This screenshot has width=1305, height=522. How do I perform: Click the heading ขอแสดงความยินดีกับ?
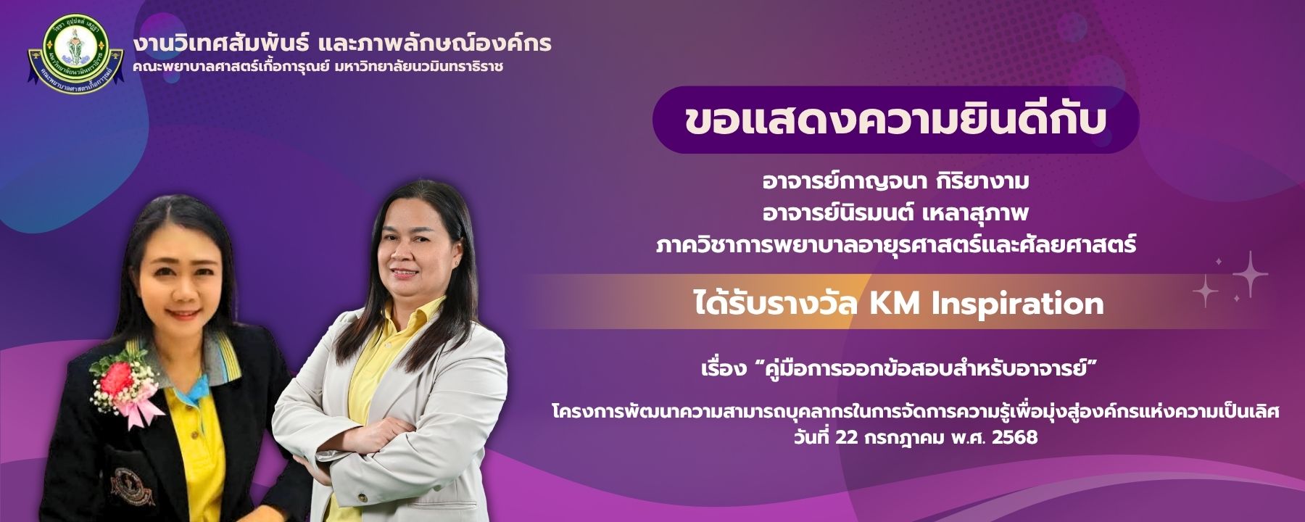895,120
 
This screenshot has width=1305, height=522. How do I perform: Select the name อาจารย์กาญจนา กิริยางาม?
895,181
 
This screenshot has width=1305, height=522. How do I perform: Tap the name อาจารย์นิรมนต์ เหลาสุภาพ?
895,214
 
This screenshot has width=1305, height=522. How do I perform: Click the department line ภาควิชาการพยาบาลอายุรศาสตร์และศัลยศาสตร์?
895,246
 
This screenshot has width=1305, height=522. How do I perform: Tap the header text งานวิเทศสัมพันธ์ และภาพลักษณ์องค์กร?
342,43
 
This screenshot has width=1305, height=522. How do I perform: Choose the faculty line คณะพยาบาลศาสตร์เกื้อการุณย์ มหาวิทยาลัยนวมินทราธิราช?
318,67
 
